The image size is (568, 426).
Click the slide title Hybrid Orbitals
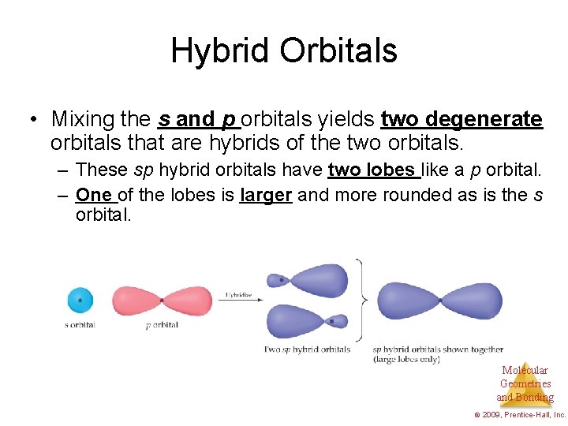[x=284, y=51]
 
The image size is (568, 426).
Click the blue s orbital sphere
[x=80, y=300]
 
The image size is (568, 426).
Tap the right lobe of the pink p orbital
[x=189, y=301]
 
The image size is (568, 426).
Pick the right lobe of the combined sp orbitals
[x=473, y=301]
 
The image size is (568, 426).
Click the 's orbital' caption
[x=80, y=325]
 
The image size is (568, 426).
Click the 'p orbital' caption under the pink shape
[x=162, y=325]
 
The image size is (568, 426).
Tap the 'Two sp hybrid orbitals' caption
[x=307, y=349]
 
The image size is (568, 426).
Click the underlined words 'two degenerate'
[x=461, y=120]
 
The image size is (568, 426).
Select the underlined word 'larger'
[x=266, y=195]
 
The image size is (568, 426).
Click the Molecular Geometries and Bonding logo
[x=525, y=383]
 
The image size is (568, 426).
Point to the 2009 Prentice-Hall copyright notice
[x=520, y=414]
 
